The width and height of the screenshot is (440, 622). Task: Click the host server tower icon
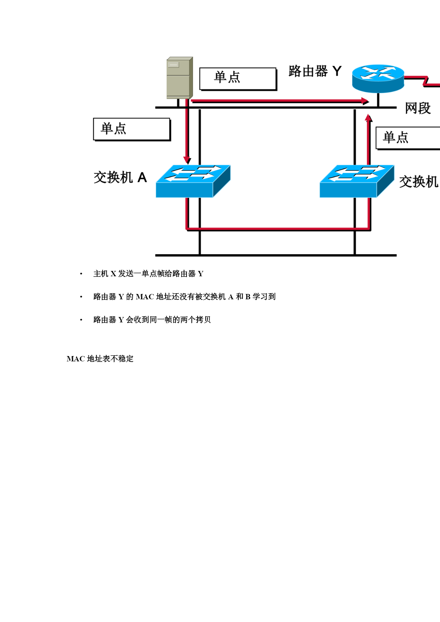(179, 78)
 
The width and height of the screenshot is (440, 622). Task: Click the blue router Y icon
(378, 78)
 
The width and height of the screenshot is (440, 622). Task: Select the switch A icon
(193, 181)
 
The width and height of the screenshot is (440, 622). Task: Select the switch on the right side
(357, 181)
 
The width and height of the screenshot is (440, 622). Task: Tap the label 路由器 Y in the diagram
(315, 71)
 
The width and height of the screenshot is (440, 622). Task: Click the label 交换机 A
(120, 177)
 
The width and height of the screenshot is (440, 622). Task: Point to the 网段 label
(418, 108)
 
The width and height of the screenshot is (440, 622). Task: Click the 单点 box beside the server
(238, 78)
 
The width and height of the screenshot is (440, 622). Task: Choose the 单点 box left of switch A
(132, 129)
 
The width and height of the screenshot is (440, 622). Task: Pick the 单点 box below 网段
(408, 138)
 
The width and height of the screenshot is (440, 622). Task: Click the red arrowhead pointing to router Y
(365, 101)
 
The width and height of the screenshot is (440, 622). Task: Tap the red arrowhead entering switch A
(187, 160)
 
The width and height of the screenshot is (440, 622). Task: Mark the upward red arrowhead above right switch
(369, 118)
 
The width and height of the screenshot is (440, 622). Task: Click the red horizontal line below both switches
(278, 229)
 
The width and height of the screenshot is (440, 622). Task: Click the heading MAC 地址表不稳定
(100, 359)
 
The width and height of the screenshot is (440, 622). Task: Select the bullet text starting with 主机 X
(148, 274)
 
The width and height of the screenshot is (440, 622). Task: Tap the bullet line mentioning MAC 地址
(184, 297)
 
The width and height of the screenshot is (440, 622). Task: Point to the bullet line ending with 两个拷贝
(152, 320)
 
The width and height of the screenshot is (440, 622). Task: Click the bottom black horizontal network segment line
(276, 255)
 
